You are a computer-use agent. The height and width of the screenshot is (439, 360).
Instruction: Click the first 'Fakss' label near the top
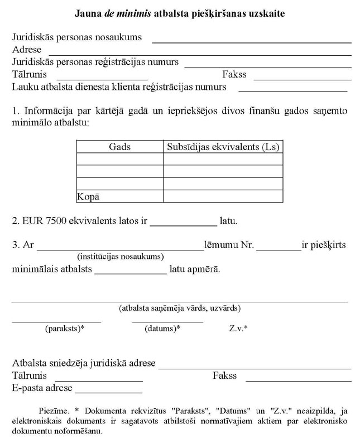tap(234, 74)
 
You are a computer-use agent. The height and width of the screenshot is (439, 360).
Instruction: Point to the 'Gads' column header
tap(119, 147)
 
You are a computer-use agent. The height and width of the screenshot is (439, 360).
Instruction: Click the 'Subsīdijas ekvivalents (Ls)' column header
tap(223, 147)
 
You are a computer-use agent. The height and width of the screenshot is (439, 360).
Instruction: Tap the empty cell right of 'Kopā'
tap(223, 196)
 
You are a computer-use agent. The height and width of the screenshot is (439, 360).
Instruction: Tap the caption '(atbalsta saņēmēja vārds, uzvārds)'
tap(180, 308)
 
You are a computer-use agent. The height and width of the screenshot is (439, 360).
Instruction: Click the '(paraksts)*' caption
tap(65, 329)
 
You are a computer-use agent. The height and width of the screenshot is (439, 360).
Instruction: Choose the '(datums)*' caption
tap(162, 329)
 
